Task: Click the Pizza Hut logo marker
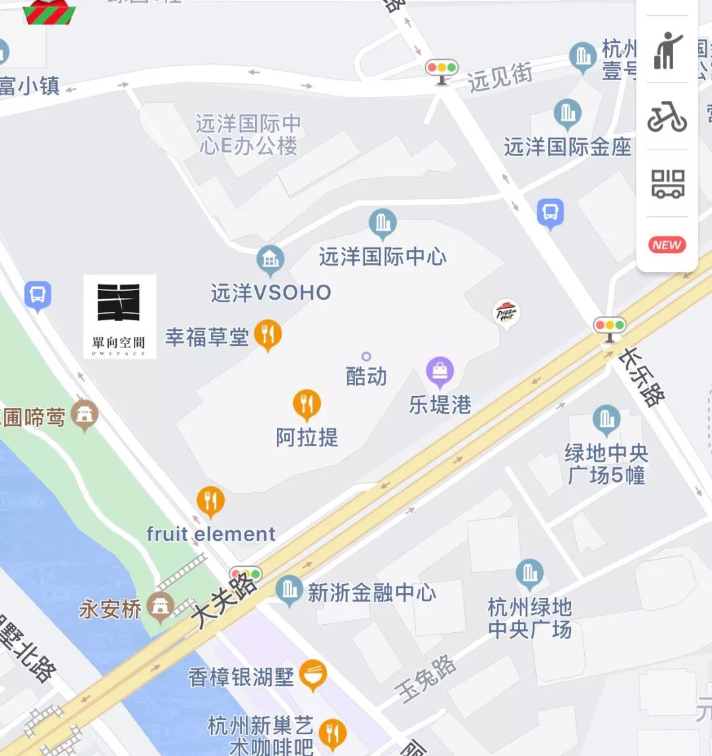tap(506, 313)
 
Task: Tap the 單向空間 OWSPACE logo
tap(119, 316)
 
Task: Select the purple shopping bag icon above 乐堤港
tap(440, 371)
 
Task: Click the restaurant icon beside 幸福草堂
tap(268, 334)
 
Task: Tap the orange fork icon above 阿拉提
tap(307, 404)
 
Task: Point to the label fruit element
tap(211, 533)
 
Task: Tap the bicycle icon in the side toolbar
tap(667, 117)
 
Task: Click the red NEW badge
tap(667, 245)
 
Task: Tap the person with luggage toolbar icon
tap(667, 50)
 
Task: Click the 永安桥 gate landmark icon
tap(160, 606)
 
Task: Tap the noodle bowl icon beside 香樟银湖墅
tap(312, 674)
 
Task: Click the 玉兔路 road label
tap(427, 679)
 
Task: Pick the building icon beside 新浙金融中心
tap(289, 590)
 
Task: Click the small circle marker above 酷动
tap(367, 357)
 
